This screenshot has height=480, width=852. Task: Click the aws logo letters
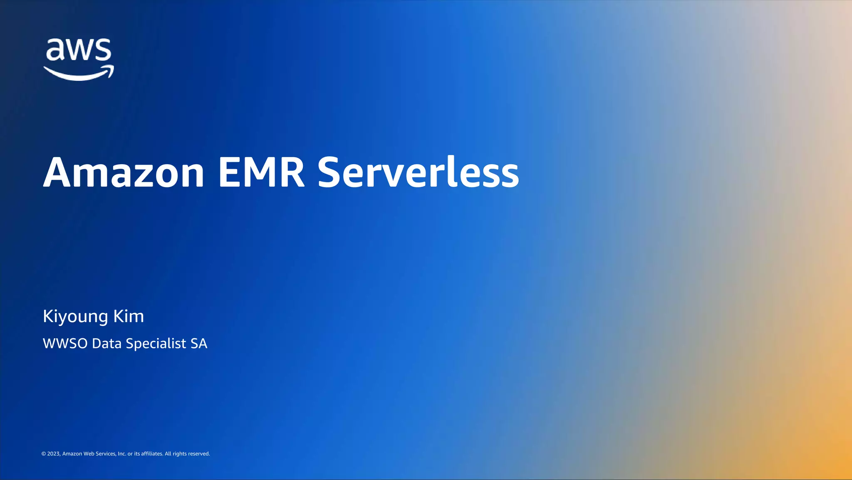pos(79,50)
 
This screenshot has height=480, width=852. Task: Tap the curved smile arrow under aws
pos(79,74)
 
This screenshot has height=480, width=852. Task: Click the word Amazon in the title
pos(124,172)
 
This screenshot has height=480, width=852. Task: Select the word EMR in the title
pos(262,172)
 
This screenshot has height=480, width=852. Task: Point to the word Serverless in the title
pos(418,172)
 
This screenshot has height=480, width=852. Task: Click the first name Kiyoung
pos(75,317)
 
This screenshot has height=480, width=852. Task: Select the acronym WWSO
pos(65,344)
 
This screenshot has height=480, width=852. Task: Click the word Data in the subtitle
pos(107,344)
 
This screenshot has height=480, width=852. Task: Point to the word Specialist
pos(156,344)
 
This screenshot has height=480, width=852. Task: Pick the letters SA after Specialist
pos(199,344)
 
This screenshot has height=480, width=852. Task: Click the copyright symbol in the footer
pos(44,454)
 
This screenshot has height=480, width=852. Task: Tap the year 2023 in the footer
pos(54,454)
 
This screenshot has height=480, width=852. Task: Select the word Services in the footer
pos(105,454)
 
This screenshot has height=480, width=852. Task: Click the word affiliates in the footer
pos(152,454)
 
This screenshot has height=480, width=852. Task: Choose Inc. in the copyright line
pos(122,454)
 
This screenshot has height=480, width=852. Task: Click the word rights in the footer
pos(179,454)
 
